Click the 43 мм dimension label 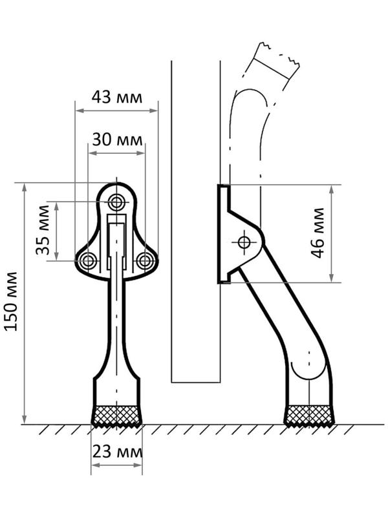(x=116, y=97)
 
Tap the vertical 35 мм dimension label (x=43, y=231)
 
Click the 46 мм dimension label (x=318, y=233)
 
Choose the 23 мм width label (x=116, y=452)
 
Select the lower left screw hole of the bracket (x=88, y=260)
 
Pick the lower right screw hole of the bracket (x=145, y=260)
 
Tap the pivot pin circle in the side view (x=244, y=242)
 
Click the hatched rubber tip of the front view (x=116, y=416)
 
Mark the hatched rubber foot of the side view (x=309, y=416)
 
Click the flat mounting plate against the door (x=223, y=234)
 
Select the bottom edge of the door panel (x=196, y=382)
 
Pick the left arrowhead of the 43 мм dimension (x=78, y=111)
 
